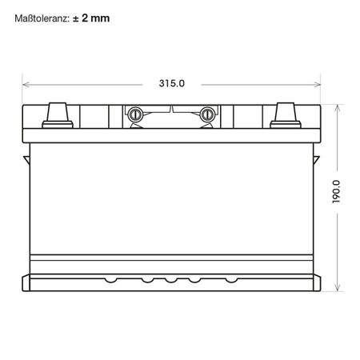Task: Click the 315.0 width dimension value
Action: [172, 83]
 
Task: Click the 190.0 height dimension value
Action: [336, 192]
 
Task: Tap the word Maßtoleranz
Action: [42, 18]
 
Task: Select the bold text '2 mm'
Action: [96, 18]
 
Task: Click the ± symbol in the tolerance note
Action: [75, 18]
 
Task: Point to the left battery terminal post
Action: [58, 115]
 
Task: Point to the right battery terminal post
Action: [286, 115]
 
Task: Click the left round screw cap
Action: [135, 114]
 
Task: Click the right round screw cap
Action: [207, 114]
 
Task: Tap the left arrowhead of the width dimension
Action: [26, 85]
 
